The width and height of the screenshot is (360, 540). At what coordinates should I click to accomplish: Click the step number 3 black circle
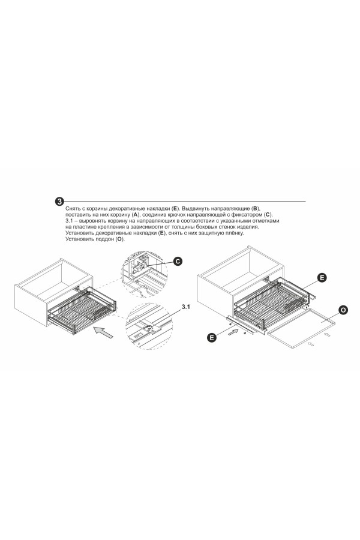pos(59,202)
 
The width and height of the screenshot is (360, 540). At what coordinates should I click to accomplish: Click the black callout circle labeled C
pos(178,262)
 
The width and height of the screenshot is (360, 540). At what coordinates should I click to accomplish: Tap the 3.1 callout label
pos(186,307)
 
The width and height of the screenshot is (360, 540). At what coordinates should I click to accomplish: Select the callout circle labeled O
pos(343,310)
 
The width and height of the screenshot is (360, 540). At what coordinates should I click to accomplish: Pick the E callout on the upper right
pos(322,278)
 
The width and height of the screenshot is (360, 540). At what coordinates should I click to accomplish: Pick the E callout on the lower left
pos(212,337)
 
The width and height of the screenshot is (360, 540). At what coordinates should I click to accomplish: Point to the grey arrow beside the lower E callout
pos(233,332)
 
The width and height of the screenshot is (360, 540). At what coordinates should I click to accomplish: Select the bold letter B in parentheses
pos(255,209)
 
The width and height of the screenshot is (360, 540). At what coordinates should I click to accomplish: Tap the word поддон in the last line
pos(105,239)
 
